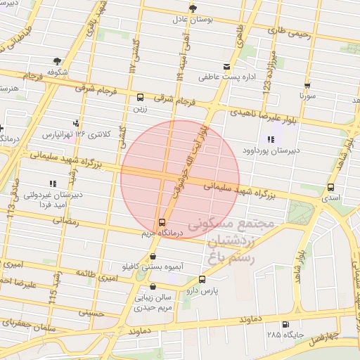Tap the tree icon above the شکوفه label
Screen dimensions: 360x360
(x=56, y=60)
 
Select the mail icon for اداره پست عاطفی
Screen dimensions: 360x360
(x=226, y=66)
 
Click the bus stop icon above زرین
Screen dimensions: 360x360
(x=140, y=98)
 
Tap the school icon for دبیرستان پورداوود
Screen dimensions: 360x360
(x=271, y=140)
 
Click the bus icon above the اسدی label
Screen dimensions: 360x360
(x=330, y=188)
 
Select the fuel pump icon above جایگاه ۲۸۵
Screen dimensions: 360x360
(x=285, y=324)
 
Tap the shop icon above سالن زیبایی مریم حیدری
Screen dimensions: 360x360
(x=153, y=286)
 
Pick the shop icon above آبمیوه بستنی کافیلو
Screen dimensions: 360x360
(x=153, y=257)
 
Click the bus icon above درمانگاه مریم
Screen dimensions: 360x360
(x=163, y=221)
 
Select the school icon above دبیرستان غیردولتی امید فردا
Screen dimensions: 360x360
(x=53, y=184)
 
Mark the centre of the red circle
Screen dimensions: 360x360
(x=180, y=179)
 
